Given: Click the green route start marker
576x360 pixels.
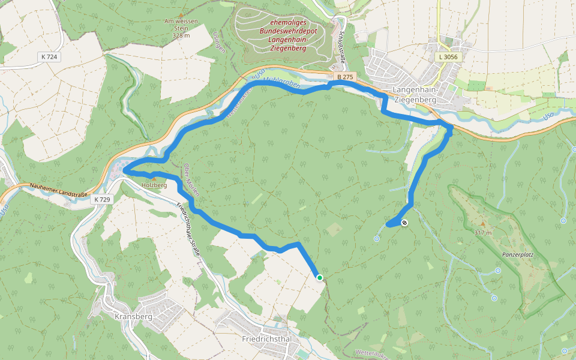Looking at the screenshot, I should pyautogui.click(x=320, y=277).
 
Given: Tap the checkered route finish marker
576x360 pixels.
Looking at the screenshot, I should pyautogui.click(x=405, y=223).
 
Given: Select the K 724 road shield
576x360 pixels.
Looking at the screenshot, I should pyautogui.click(x=49, y=56).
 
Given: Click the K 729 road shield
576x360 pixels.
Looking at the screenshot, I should pyautogui.click(x=103, y=199).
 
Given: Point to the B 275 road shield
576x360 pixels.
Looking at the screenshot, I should pyautogui.click(x=345, y=77).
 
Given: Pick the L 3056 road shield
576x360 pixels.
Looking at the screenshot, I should pyautogui.click(x=448, y=56).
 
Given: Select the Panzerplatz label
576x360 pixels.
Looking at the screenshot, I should pyautogui.click(x=518, y=254).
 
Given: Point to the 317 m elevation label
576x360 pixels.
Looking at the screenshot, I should pyautogui.click(x=482, y=232).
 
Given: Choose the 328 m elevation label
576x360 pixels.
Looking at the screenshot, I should pyautogui.click(x=181, y=35).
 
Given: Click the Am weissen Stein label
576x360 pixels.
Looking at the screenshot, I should pyautogui.click(x=181, y=25).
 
